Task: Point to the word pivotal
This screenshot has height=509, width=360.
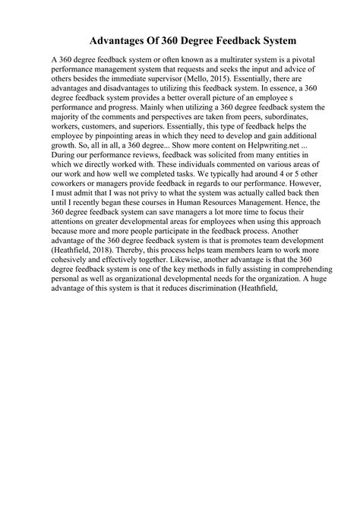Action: pos(295,59)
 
